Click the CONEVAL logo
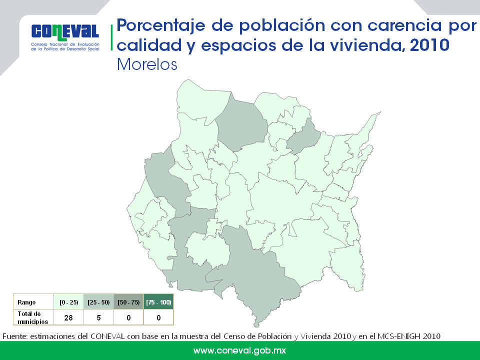click(x=65, y=37)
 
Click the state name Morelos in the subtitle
click(x=147, y=64)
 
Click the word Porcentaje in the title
click(x=160, y=25)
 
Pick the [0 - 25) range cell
click(x=69, y=302)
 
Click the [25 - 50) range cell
click(x=98, y=302)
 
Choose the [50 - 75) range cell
click(x=128, y=302)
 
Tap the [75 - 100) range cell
click(x=158, y=302)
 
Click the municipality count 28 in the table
click(x=68, y=318)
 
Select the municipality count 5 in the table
click(x=98, y=318)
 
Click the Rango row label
click(x=26, y=302)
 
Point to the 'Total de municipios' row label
click(x=33, y=317)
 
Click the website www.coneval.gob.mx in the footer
click(x=239, y=350)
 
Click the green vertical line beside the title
click(x=111, y=37)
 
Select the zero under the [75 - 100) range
click(x=158, y=318)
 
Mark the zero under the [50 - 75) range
click(x=128, y=318)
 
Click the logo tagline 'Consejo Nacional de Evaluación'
click(x=65, y=44)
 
